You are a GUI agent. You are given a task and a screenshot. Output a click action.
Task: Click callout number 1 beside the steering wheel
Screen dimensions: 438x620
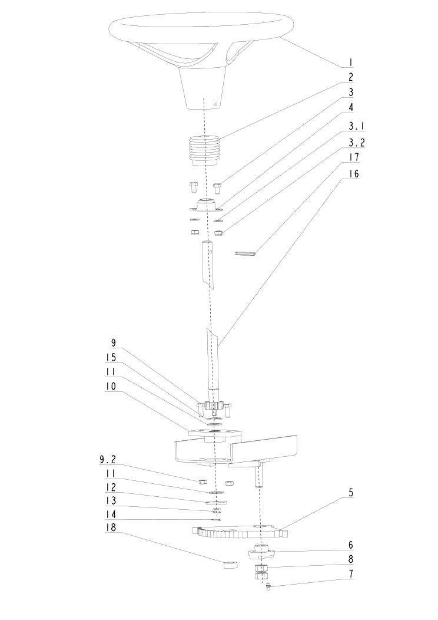[x=350, y=62]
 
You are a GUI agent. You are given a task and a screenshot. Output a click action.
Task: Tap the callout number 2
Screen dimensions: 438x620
[x=350, y=77]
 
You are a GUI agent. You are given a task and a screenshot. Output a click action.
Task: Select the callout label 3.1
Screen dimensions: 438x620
[x=357, y=126]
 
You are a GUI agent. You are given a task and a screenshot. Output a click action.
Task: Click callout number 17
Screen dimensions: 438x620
[x=353, y=157]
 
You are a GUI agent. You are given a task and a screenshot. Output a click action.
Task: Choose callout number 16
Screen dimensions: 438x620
[x=353, y=174]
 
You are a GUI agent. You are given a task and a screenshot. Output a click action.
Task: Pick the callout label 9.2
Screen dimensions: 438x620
[x=108, y=460]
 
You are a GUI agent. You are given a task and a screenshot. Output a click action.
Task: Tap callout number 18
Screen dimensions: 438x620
[x=111, y=527]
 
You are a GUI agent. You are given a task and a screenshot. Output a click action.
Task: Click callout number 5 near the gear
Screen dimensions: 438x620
[x=351, y=493]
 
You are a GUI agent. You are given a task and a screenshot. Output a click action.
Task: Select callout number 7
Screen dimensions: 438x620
[x=351, y=573]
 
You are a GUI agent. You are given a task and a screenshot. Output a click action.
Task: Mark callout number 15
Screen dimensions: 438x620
[x=111, y=357]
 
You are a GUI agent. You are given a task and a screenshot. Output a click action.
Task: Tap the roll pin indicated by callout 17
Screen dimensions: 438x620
[x=246, y=253]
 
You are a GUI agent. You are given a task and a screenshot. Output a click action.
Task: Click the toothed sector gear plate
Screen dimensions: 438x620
[x=240, y=532]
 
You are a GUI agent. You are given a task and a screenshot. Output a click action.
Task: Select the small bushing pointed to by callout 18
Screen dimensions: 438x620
[x=231, y=564]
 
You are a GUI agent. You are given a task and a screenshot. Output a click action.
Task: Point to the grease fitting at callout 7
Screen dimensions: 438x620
[x=267, y=587]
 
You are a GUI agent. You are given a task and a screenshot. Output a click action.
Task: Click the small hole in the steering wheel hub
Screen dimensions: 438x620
[x=215, y=104]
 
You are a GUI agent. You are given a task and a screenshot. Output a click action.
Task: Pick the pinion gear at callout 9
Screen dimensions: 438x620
[x=213, y=405]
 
